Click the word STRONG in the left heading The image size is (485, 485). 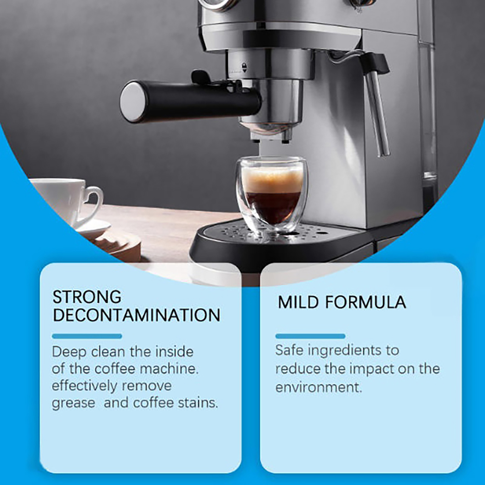(87, 297)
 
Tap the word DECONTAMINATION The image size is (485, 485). (136, 315)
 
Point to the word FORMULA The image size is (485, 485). (366, 302)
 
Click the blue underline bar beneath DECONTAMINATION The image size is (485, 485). (87, 336)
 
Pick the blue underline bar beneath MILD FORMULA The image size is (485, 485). (310, 336)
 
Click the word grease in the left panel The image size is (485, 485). (73, 403)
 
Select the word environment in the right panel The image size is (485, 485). (319, 387)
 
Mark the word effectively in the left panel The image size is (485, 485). (84, 386)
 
